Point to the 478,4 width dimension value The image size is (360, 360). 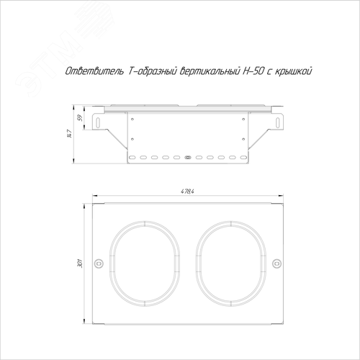(187, 192)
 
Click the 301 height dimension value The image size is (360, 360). (81, 264)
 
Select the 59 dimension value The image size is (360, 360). (81, 117)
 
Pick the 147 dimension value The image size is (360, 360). (69, 134)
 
